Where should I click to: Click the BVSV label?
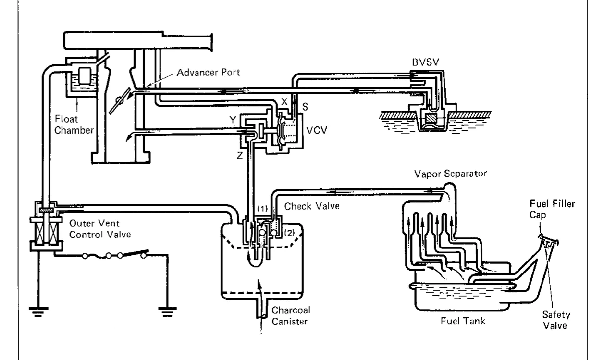tap(426, 62)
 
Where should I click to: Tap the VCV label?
tap(317, 130)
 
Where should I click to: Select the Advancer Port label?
tap(208, 73)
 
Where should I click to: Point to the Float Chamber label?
tap(74, 124)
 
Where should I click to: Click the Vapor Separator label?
tap(450, 174)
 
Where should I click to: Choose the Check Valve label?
tap(312, 206)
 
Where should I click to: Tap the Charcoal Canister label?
tap(291, 316)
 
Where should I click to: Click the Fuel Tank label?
tap(463, 321)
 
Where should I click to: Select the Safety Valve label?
tap(556, 320)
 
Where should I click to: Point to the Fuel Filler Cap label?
tap(552, 209)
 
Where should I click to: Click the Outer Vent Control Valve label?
tap(100, 229)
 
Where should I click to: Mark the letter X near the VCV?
tap(284, 102)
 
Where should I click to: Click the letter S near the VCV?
tap(305, 107)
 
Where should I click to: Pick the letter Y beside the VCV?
tap(233, 120)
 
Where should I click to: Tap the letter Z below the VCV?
tap(240, 156)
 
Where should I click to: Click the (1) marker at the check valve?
tap(262, 209)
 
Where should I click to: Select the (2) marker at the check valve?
tap(289, 233)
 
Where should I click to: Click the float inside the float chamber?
tap(85, 75)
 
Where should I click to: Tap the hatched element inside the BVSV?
tap(431, 118)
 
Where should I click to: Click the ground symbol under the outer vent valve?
tap(38, 311)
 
